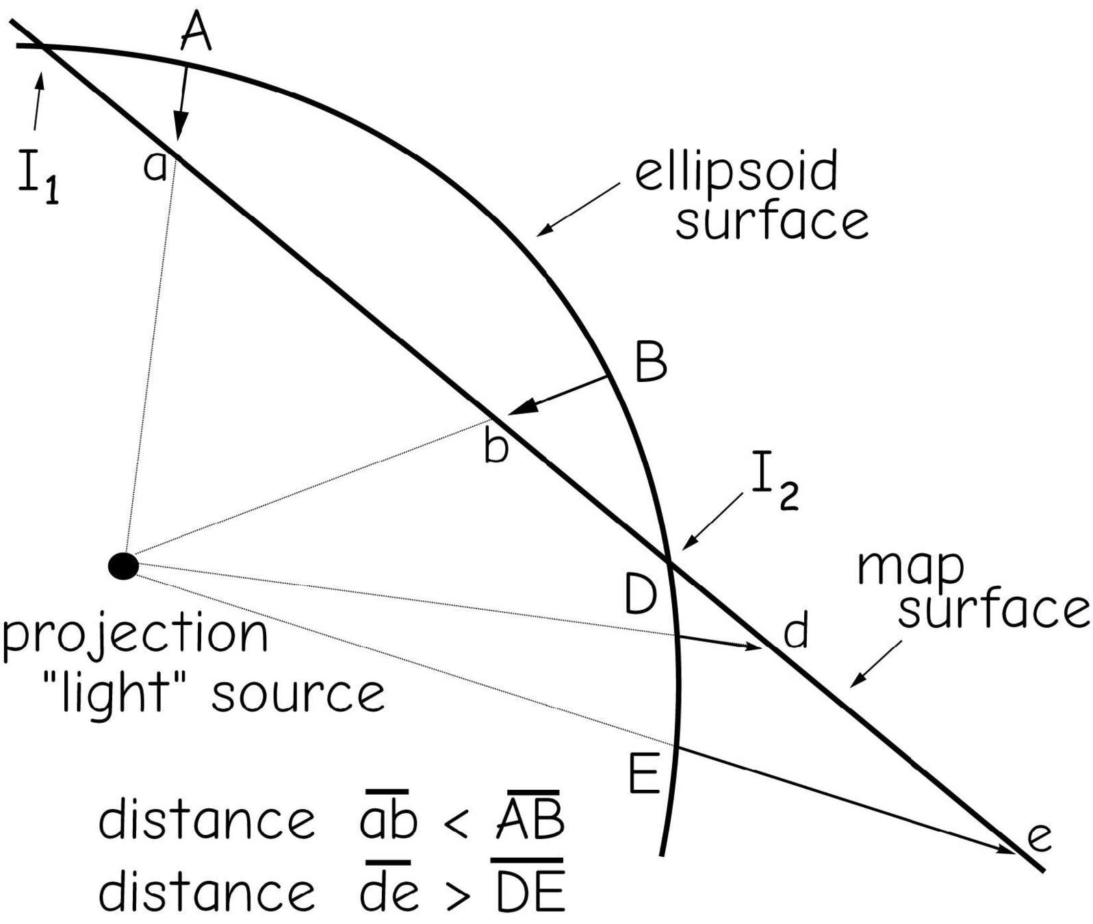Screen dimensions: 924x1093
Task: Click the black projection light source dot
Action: click(x=124, y=566)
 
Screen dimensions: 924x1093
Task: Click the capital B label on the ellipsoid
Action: click(x=651, y=363)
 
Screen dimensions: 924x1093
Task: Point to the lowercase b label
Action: click(x=496, y=448)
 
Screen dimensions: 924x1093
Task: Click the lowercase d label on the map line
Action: click(x=796, y=631)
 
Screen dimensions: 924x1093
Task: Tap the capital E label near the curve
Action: click(x=644, y=774)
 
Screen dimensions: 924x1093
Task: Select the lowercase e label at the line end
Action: click(x=1039, y=838)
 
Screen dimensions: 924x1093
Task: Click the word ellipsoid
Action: click(x=736, y=172)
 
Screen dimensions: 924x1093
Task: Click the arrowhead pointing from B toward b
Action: click(x=522, y=407)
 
